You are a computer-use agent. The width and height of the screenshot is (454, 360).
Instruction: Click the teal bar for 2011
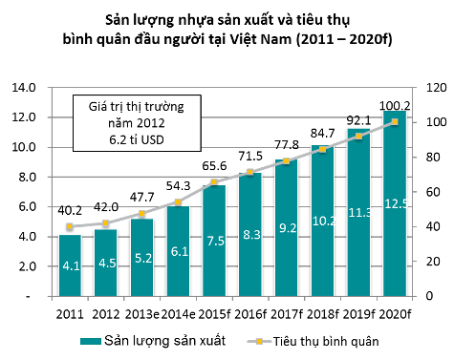[70, 265]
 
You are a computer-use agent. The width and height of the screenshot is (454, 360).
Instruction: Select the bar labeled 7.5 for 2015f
[214, 241]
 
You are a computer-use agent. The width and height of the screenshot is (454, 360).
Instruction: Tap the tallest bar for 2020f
[395, 203]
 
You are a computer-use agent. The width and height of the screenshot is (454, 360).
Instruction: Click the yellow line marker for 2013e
[142, 214]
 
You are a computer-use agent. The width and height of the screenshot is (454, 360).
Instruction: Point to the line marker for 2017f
[286, 161]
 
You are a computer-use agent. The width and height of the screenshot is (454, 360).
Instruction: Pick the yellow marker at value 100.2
[395, 122]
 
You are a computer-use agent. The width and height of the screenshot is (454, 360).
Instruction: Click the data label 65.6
[214, 166]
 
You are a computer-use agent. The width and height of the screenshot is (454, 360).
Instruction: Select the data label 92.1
[358, 120]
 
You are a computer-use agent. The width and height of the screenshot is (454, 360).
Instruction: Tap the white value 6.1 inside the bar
[180, 252]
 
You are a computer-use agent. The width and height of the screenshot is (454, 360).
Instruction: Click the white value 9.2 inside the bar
[288, 228]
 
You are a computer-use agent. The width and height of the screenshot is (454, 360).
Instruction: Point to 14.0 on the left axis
[24, 87]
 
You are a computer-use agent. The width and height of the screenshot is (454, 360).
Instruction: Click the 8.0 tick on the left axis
[28, 177]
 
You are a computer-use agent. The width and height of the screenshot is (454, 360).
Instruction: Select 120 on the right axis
[436, 88]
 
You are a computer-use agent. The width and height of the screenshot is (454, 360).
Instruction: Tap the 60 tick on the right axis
[433, 192]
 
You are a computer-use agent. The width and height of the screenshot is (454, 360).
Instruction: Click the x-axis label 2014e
[178, 314]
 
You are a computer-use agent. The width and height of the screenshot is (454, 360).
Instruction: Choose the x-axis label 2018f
[322, 314]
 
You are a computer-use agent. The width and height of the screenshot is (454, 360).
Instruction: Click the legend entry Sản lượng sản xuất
[153, 341]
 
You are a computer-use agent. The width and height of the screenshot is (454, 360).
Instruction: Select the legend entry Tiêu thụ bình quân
[313, 341]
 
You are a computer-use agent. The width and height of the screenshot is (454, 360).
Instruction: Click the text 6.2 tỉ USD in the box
[137, 139]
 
